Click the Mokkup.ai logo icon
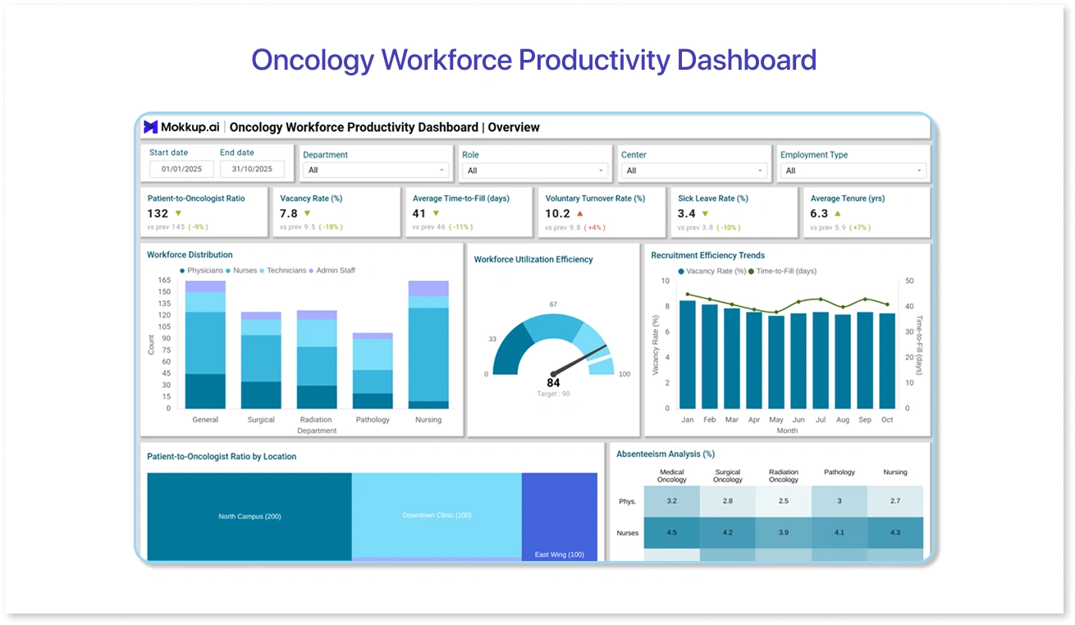click(x=150, y=127)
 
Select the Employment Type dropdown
click(x=853, y=171)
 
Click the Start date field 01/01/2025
click(x=181, y=170)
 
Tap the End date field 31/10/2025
click(x=252, y=170)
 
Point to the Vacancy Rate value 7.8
click(x=289, y=213)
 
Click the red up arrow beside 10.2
click(x=580, y=213)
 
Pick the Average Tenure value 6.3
click(x=819, y=213)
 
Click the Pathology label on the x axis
click(x=373, y=420)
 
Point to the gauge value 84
click(x=553, y=383)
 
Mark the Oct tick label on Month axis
click(x=887, y=420)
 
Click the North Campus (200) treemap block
click(x=249, y=517)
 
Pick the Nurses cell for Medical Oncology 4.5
click(x=671, y=532)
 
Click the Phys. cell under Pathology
click(x=839, y=500)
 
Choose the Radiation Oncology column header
click(x=784, y=476)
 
